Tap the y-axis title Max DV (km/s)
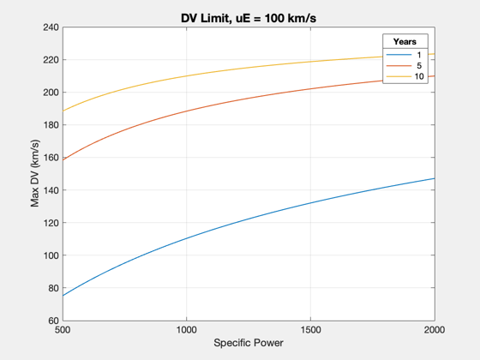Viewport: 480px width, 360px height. (x=35, y=173)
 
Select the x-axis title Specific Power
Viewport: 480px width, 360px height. (x=249, y=343)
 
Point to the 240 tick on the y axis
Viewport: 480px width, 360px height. (x=51, y=27)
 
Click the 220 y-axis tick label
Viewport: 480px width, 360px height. (x=51, y=60)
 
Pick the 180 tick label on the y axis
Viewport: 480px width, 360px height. (x=51, y=125)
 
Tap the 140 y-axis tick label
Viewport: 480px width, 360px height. (x=51, y=190)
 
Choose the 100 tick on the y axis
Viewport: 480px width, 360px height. (x=51, y=255)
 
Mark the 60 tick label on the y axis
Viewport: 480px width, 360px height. (x=53, y=321)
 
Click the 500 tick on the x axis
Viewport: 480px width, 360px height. (x=63, y=330)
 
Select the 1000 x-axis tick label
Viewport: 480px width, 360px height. (x=187, y=330)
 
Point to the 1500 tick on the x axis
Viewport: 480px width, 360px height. (x=310, y=330)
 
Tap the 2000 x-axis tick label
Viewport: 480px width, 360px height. (x=435, y=330)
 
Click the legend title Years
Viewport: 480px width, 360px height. (x=405, y=42)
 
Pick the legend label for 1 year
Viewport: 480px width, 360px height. (x=419, y=55)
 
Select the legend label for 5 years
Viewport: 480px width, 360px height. (x=419, y=66)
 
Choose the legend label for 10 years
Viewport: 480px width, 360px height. (x=419, y=76)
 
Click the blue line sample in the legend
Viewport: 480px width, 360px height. (x=399, y=55)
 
